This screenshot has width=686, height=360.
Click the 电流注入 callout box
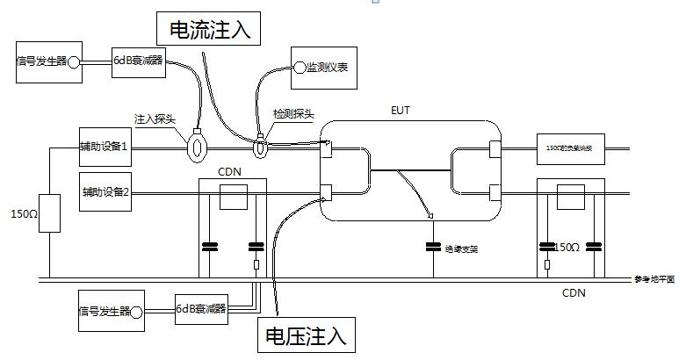pos(210,29)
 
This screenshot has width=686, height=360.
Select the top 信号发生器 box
pos(49,61)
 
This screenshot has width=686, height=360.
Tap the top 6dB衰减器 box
pos(139,61)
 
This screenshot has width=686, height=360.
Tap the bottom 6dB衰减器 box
pos(201,309)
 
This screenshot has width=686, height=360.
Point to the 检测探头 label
pos(293,115)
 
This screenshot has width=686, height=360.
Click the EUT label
pos(400,111)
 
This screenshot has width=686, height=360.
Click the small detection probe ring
pos(261,148)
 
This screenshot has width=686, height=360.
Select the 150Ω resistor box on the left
pos(49,214)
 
